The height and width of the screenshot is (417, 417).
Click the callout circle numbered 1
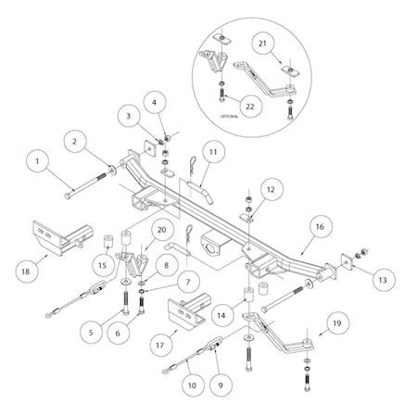38,161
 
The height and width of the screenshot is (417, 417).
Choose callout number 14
221,315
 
